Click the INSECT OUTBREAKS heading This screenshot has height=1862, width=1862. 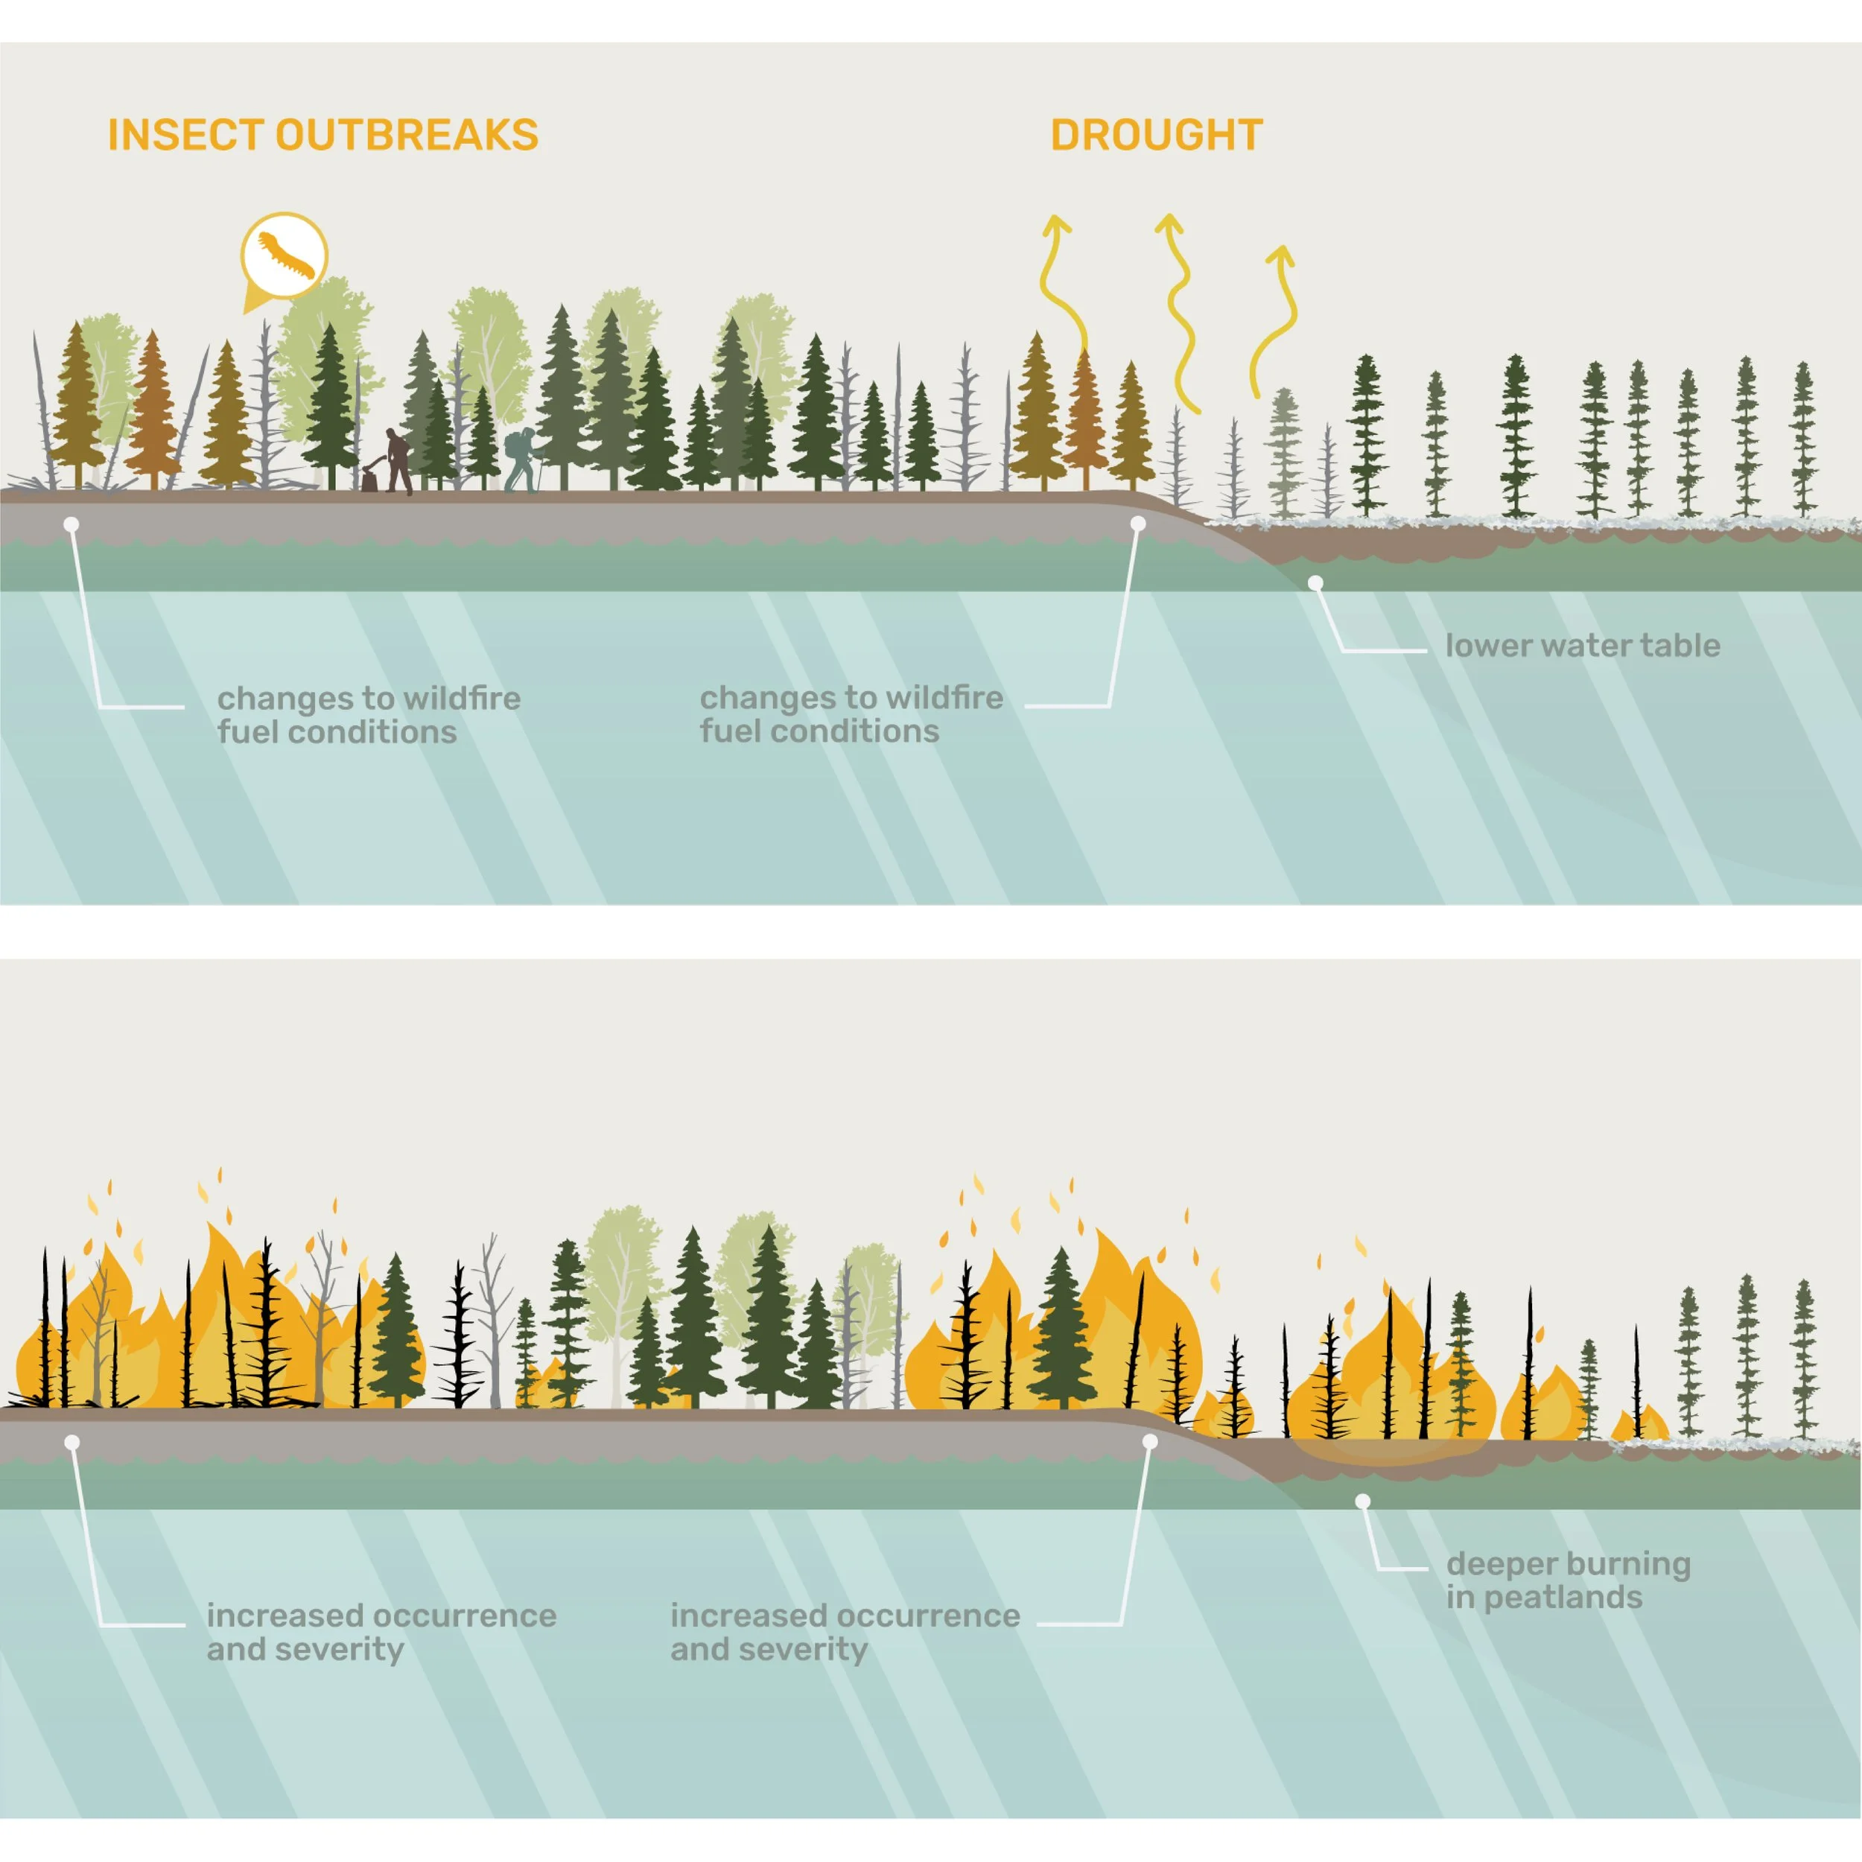coord(322,135)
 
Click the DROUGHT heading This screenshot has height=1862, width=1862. coord(1157,135)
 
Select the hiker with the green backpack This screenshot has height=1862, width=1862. coord(521,459)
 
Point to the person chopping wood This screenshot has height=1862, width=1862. coord(395,461)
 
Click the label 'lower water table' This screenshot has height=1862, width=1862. coord(1583,645)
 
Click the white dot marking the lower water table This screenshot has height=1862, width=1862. coord(1315,583)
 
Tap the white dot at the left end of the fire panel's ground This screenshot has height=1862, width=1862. coord(72,1442)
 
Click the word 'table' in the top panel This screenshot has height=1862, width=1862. coord(1680,645)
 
